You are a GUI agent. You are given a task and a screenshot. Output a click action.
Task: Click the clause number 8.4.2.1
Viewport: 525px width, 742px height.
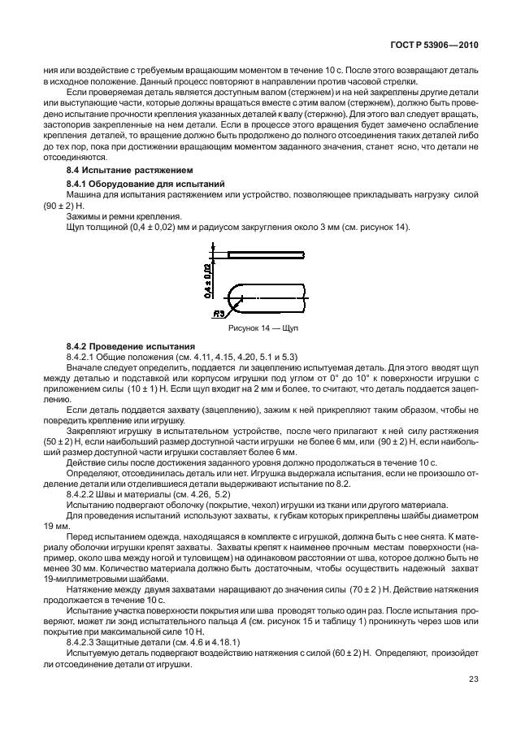point(83,357)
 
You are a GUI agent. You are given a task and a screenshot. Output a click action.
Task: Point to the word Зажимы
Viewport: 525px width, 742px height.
point(84,216)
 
